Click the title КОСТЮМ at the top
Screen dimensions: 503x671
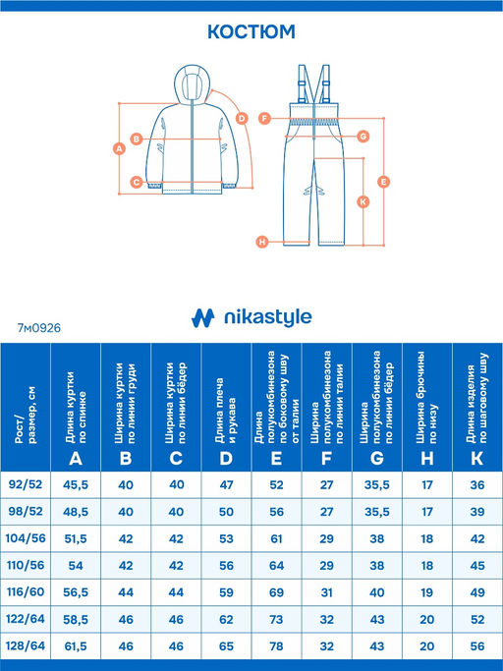251,32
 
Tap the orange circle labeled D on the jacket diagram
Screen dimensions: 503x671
242,118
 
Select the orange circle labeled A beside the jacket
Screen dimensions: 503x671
119,149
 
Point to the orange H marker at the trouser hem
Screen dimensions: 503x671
262,242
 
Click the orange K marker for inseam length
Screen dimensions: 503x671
363,201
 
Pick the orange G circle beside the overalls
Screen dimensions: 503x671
363,137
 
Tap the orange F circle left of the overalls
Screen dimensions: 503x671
264,118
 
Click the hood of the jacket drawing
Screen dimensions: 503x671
193,84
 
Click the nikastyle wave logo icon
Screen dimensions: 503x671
202,318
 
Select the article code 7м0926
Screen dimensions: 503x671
39,328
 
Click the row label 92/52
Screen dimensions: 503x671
26,484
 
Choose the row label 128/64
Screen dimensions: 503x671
26,645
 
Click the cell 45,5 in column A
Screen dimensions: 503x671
76,485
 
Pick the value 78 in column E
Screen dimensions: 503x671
276,645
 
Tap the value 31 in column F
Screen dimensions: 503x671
326,592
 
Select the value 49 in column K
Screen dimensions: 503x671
477,592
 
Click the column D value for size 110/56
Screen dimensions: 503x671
227,565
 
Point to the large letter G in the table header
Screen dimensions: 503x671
376,459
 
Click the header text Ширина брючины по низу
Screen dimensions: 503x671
426,397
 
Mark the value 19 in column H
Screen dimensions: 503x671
427,592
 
